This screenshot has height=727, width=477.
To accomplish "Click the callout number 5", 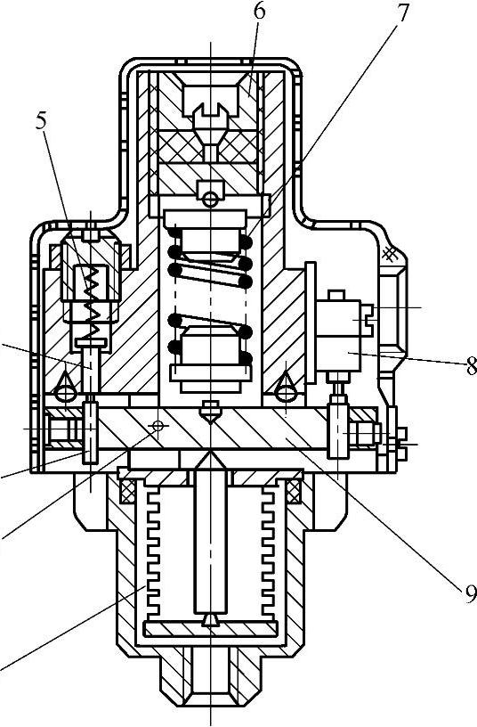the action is [x=42, y=120].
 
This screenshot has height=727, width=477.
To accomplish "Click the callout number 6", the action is [x=259, y=12].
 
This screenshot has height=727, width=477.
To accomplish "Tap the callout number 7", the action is [x=402, y=13].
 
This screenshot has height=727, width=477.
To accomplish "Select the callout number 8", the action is [x=471, y=367].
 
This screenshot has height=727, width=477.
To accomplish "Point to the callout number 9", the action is [x=471, y=594].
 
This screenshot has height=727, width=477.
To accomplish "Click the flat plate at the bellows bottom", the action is [x=211, y=629].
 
